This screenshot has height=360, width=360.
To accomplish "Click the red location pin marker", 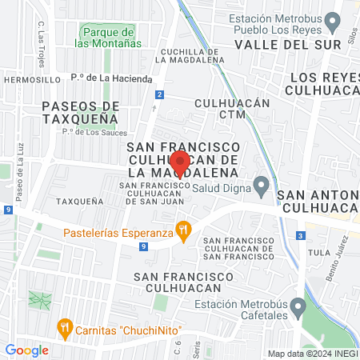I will click(x=179, y=163).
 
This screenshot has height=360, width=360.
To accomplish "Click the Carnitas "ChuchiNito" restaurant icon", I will click(x=64, y=327).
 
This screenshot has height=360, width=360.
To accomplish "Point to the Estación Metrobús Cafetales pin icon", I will click(x=298, y=306).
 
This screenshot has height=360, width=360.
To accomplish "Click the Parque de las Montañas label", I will click(x=106, y=37).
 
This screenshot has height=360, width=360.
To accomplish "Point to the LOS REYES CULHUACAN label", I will click(x=325, y=85).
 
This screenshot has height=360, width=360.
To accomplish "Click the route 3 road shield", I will click(x=299, y=235).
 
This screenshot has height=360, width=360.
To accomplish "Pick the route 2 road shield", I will click(x=160, y=95).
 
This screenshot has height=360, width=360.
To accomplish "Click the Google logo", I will click(x=26, y=350).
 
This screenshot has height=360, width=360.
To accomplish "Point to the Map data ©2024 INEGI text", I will click(x=312, y=354).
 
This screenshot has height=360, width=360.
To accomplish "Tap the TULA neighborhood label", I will click(x=319, y=252).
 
